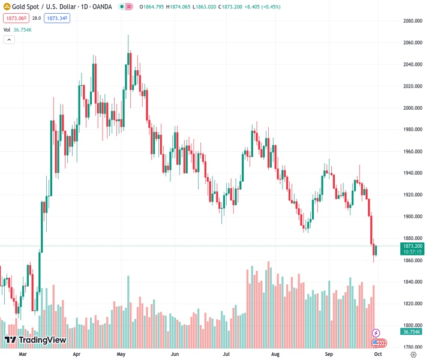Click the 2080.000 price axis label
coord(413,21)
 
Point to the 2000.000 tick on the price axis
coord(413,108)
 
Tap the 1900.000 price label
coord(413,217)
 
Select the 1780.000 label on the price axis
coord(413,346)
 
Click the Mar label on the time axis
coord(23,355)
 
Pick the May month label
coord(121,355)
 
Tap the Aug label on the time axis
coord(275,355)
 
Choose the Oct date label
coord(378,355)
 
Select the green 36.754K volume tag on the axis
coord(413,332)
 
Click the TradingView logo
coord(35,340)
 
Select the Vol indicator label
coord(7,29)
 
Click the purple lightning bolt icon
coord(376,332)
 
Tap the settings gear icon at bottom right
coord(413,355)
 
